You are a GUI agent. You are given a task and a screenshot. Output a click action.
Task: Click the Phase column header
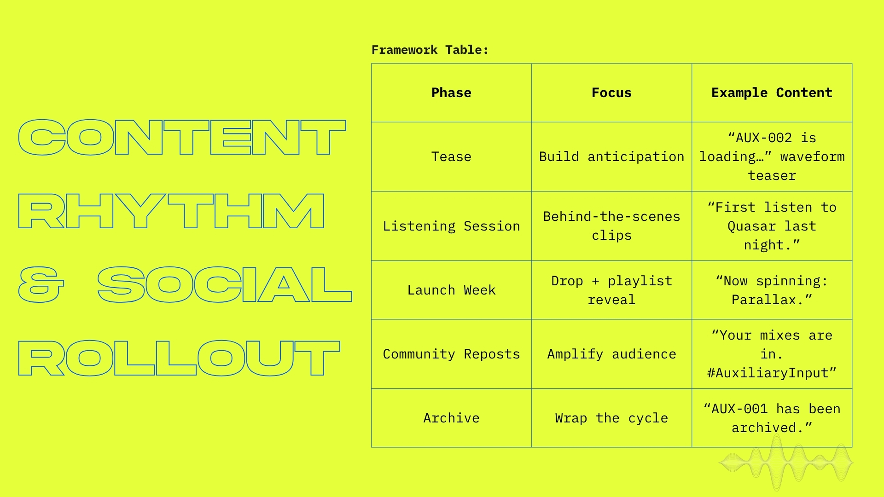pyautogui.click(x=451, y=92)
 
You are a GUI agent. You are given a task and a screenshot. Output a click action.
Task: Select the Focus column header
pyautogui.click(x=611, y=92)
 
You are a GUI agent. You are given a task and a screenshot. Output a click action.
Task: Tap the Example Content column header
pyautogui.click(x=772, y=92)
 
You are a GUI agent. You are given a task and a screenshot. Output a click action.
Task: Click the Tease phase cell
pyautogui.click(x=451, y=156)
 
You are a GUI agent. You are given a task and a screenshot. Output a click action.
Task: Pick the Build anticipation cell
pyautogui.click(x=611, y=156)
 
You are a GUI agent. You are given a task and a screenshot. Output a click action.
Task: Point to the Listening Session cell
pyautogui.click(x=451, y=226)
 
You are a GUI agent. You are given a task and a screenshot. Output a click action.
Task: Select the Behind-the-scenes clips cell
pyautogui.click(x=611, y=226)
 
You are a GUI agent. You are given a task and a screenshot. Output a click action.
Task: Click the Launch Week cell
pyautogui.click(x=451, y=290)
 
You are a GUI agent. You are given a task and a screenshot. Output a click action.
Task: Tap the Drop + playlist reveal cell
pyautogui.click(x=611, y=290)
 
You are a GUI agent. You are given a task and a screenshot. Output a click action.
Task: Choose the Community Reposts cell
pyautogui.click(x=451, y=354)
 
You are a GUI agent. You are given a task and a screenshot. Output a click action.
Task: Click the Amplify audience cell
pyautogui.click(x=611, y=354)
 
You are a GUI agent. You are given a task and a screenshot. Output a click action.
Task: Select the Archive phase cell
pyautogui.click(x=451, y=418)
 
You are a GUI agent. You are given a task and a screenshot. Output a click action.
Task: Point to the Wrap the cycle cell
pyautogui.click(x=611, y=418)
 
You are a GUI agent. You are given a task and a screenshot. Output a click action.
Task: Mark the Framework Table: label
pyautogui.click(x=430, y=50)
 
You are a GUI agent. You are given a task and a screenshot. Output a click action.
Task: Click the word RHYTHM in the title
pyautogui.click(x=171, y=211)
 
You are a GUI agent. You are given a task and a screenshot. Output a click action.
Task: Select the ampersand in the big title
pyautogui.click(x=41, y=284)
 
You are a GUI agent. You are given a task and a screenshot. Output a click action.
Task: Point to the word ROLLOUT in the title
pyautogui.click(x=179, y=358)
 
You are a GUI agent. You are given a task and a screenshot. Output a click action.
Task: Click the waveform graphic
pyautogui.click(x=785, y=463)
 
